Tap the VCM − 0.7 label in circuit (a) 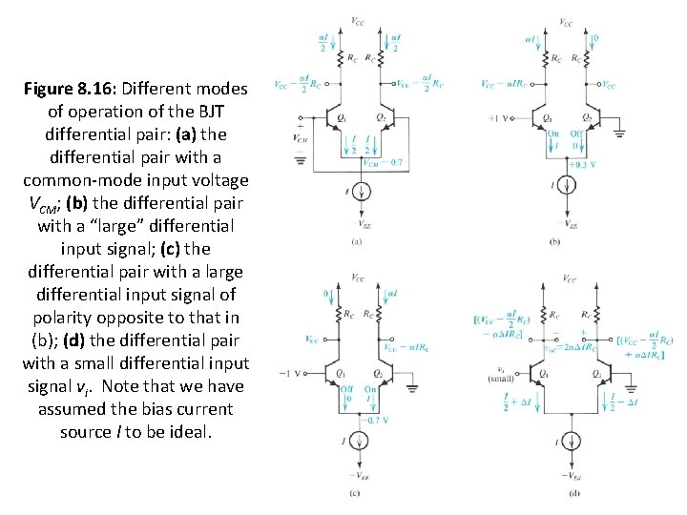tap(381, 163)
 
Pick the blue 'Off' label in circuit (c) tap(345, 389)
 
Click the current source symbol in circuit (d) tap(571, 443)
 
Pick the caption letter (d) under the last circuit tap(573, 493)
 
